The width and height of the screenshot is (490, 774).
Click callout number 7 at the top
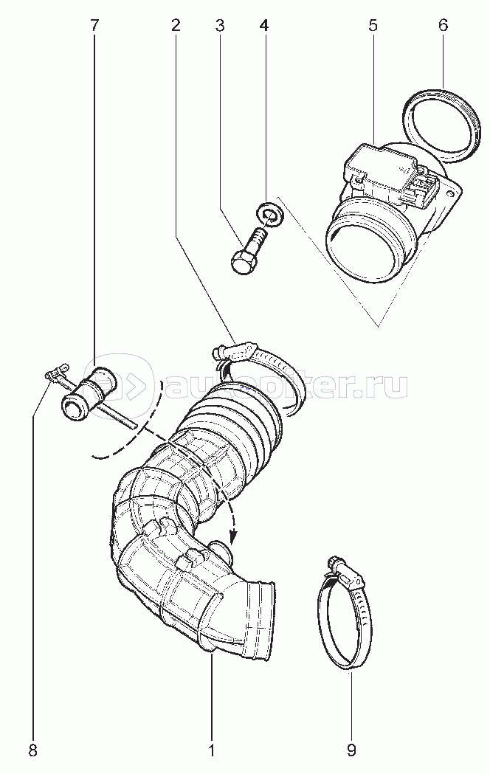94,25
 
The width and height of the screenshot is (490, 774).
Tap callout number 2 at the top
176,25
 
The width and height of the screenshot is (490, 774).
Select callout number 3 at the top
219,25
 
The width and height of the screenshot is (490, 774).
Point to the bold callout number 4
263,25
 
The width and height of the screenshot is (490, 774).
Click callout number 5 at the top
373,25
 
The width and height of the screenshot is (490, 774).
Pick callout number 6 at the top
443,25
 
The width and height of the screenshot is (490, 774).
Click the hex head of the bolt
242,263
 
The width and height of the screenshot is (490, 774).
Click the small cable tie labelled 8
55,376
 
